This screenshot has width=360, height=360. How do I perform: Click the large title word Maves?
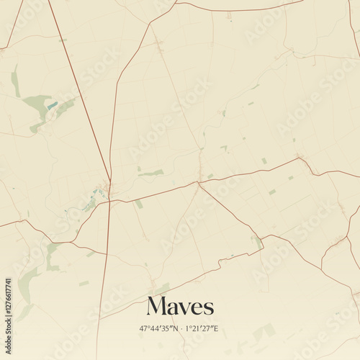180,306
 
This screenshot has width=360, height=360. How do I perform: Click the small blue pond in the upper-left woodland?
52,107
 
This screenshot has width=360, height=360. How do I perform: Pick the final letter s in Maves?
209,308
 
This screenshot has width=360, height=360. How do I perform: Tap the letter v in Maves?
185,308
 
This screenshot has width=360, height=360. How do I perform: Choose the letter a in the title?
173,308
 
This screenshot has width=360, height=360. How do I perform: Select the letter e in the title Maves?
197,308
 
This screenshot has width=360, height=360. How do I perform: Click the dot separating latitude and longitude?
181,328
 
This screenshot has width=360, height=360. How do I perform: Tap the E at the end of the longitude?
217,328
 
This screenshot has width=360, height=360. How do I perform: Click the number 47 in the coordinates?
145,328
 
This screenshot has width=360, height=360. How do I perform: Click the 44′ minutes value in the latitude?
155,328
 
